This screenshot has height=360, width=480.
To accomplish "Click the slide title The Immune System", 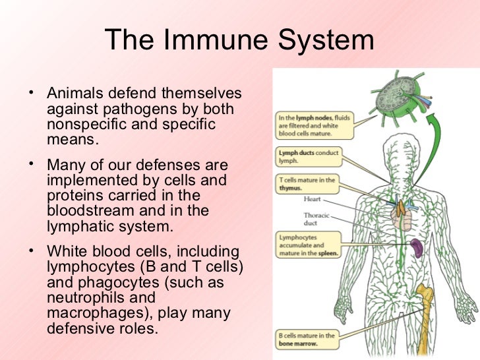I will coord(239,40).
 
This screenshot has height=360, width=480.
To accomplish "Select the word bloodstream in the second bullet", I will coord(90,212).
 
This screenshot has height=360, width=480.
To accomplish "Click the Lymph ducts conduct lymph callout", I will coord(307,156).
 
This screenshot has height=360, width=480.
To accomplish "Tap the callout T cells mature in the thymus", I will coord(307,184).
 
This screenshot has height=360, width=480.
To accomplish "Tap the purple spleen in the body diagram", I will coord(417,249).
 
